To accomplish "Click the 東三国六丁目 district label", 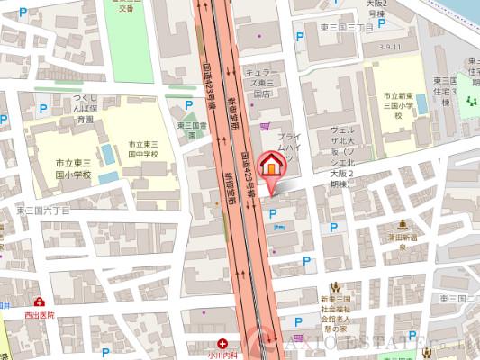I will pos(42,209).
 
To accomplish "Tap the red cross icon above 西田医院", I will pos(40,303).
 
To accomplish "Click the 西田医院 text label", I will pos(40,316).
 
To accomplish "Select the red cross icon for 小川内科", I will pos(222,342).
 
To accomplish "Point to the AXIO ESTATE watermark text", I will pos(378,343).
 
